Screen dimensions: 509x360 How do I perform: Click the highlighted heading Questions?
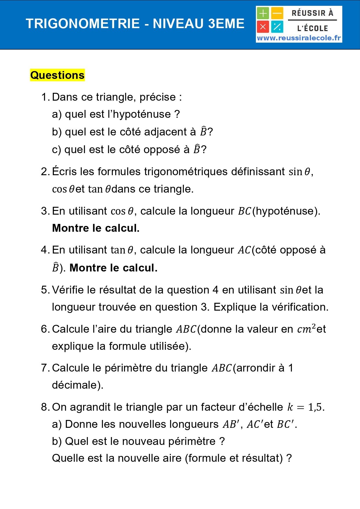tap(57, 75)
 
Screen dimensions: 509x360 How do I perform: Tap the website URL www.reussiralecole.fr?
tap(299, 38)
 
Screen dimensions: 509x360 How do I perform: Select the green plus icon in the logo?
tap(263, 13)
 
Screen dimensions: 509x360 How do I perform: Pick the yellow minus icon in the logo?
tap(277, 13)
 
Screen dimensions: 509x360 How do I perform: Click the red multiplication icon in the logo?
tap(263, 27)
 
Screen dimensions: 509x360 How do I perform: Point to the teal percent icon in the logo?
tap(277, 27)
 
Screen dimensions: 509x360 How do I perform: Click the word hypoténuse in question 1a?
tap(142, 114)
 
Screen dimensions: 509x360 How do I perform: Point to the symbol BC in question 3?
tap(244, 211)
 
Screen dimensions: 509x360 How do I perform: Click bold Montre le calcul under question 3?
tap(96, 228)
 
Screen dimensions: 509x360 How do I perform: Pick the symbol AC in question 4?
tap(244, 250)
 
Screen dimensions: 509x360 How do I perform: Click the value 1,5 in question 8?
tap(315, 407)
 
